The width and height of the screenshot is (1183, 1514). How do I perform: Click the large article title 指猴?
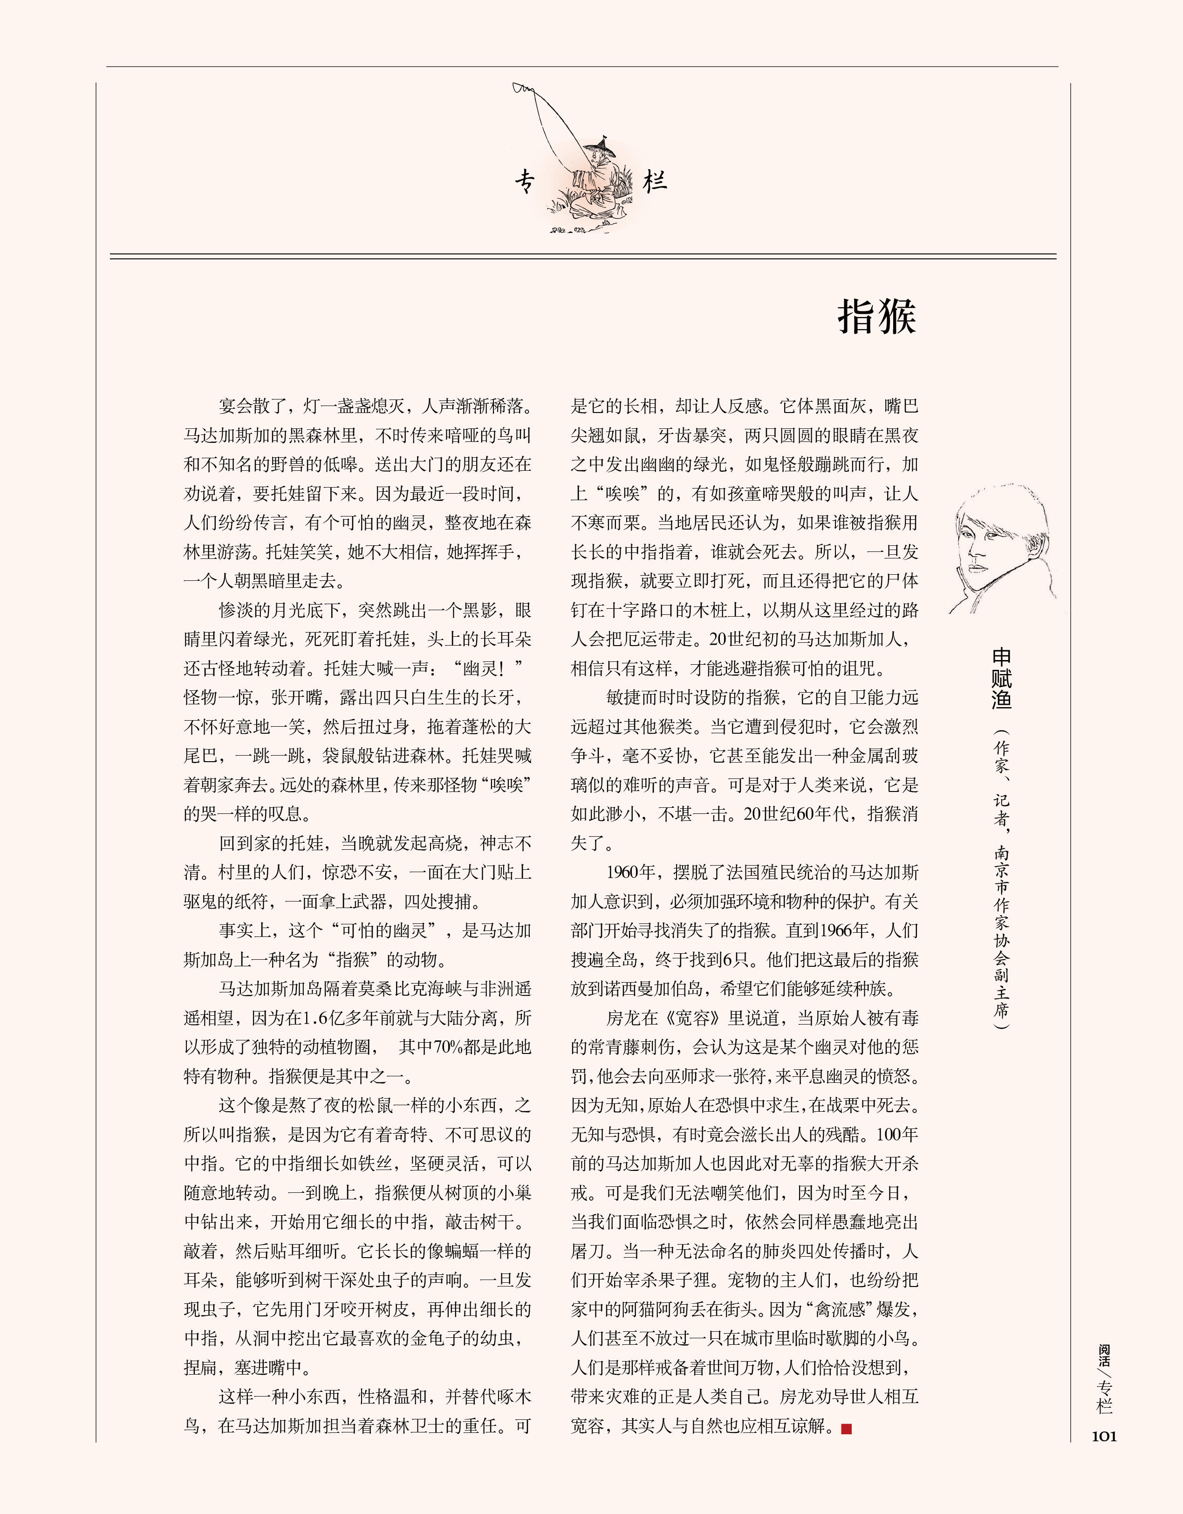tap(877, 317)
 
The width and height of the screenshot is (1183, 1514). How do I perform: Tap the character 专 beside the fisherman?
tap(525, 182)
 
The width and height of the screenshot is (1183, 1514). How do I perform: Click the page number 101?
tap(1104, 1436)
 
